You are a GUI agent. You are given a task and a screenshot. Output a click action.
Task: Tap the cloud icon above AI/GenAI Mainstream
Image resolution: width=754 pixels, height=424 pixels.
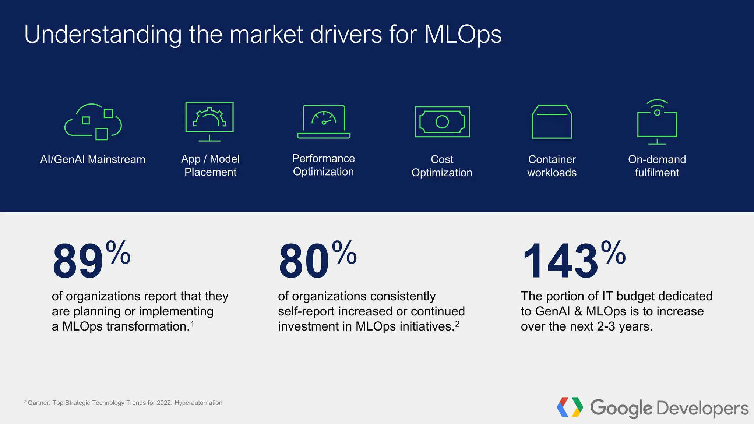coord(93,122)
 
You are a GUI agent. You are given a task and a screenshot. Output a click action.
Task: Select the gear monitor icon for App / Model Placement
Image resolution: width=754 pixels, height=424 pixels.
coord(209,121)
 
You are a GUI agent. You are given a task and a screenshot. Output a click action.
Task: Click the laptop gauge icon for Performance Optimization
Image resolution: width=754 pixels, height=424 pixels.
coord(324,122)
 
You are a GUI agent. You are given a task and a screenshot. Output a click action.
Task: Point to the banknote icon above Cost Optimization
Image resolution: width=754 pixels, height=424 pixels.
coord(442,122)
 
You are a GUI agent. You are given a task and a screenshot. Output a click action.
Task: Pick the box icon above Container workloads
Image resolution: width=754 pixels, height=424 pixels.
coord(552,122)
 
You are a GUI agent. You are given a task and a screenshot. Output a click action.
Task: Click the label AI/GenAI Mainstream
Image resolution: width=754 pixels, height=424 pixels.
coord(93,159)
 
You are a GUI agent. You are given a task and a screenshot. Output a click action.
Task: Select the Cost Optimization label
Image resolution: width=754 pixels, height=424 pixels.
coord(442,166)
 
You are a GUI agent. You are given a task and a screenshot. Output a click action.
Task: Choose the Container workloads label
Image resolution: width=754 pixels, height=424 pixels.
coord(552,166)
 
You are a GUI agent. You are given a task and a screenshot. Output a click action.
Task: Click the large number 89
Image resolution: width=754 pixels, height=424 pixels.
coord(78,261)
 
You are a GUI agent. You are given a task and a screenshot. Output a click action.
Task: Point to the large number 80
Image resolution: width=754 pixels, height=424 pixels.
coord(304,261)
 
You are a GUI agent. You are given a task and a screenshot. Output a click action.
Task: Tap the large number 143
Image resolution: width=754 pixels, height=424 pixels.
coord(560,261)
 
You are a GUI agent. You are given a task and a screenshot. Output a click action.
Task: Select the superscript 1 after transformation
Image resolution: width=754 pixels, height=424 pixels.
coord(192,324)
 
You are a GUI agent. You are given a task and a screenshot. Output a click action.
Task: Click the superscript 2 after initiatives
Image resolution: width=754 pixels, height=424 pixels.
coord(457,324)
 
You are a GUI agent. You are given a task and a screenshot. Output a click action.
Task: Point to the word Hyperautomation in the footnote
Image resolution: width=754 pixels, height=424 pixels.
coord(198,403)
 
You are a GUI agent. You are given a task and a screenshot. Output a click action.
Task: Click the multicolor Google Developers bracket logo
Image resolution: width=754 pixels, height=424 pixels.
coord(570,407)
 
